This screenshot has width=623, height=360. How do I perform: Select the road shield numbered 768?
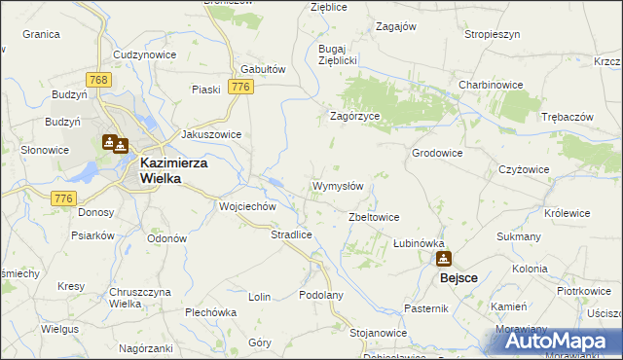point(95,80)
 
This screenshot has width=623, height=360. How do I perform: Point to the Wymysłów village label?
point(338,186)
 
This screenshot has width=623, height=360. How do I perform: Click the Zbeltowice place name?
point(375,217)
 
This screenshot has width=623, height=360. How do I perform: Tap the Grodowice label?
point(437,153)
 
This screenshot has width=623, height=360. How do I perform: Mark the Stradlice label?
point(290,234)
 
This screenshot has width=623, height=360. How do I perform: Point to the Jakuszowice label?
point(211,135)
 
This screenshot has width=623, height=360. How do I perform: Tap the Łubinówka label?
point(419,243)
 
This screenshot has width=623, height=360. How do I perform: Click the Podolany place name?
point(321,295)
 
